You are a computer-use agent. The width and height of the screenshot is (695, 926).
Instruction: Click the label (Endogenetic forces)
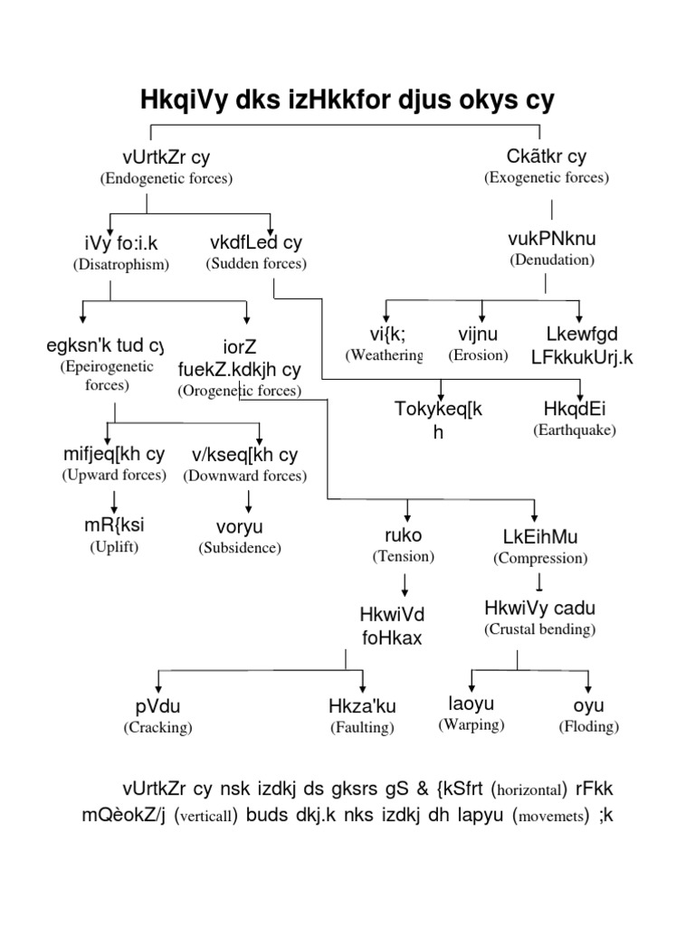(166, 178)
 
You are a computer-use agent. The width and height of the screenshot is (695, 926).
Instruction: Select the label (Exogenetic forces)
(547, 177)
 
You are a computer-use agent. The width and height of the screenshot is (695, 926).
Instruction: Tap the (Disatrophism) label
(121, 264)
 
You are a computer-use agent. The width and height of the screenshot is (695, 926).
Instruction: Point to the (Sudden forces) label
(256, 264)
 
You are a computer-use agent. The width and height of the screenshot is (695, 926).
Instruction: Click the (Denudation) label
(552, 260)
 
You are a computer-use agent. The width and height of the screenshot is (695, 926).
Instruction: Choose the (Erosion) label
(478, 355)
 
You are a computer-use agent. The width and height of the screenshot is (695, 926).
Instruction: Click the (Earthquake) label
(575, 430)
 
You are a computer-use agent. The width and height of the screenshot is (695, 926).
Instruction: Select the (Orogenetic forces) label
(240, 391)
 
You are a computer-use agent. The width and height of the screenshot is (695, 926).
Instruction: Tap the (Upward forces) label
(114, 475)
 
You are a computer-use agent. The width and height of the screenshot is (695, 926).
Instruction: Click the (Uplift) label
(114, 546)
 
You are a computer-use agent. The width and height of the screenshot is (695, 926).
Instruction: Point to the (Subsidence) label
(242, 547)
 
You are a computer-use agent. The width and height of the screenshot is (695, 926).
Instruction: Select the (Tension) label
(404, 556)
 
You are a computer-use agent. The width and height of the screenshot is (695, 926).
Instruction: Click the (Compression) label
(540, 558)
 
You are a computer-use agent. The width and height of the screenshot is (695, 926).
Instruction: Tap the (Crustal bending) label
(539, 628)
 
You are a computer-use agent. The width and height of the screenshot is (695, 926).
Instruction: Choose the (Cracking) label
(158, 726)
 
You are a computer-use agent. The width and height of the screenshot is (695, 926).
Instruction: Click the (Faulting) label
(362, 726)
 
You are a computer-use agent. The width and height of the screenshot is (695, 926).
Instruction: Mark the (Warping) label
(471, 724)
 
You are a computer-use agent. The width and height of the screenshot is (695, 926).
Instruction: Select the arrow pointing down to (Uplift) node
(115, 500)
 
